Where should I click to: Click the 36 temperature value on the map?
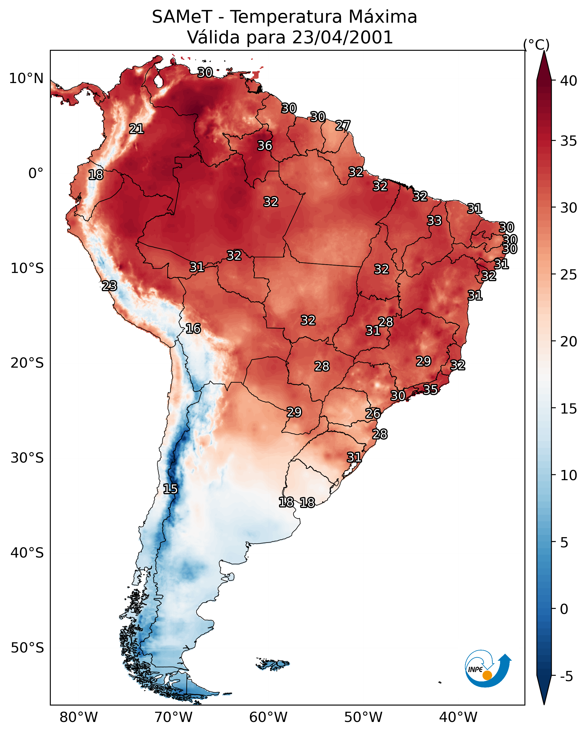pyautogui.click(x=265, y=145)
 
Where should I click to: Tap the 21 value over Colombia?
pyautogui.click(x=136, y=128)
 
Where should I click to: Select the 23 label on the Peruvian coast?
pyautogui.click(x=109, y=286)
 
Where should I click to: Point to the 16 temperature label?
pyautogui.click(x=193, y=329)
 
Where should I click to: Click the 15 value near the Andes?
pyautogui.click(x=170, y=489)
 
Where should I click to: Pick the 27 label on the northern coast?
pyautogui.click(x=343, y=126)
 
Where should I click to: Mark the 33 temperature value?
pyautogui.click(x=434, y=220)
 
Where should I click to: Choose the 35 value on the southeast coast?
pyautogui.click(x=430, y=389)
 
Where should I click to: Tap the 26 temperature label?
pyautogui.click(x=373, y=414)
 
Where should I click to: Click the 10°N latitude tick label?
pyautogui.click(x=26, y=79)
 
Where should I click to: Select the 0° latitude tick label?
pyautogui.click(x=36, y=173)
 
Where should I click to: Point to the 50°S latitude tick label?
pyautogui.click(x=27, y=648)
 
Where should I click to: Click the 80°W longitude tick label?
pyautogui.click(x=79, y=717)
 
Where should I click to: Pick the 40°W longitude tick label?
pyautogui.click(x=458, y=717)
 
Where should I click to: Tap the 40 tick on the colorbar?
pyautogui.click(x=569, y=81)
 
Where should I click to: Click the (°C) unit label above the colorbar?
pyautogui.click(x=536, y=45)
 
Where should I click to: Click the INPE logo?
pyautogui.click(x=487, y=669)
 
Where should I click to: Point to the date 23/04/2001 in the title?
pyautogui.click(x=342, y=37)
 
